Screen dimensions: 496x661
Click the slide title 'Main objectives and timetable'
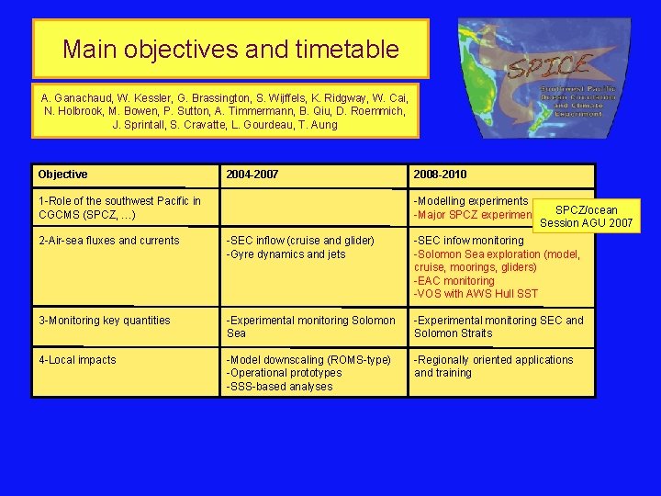pos(230,49)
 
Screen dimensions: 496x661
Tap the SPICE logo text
pos(549,66)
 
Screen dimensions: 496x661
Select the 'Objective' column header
pos(63,175)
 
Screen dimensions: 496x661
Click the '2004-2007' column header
pos(252,175)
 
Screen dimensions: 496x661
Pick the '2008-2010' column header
pos(441,175)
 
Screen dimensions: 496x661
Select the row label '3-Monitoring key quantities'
pos(104,321)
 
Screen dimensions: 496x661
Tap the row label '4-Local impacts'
pos(77,360)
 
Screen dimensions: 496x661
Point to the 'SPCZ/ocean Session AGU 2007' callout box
pos(587,216)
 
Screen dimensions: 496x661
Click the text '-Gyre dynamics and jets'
pos(286,254)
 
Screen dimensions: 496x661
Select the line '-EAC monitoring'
pos(454,281)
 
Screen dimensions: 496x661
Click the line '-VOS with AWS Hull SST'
pos(476,294)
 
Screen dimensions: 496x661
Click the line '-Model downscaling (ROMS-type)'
pos(308,360)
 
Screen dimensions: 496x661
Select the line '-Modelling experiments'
pos(471,201)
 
